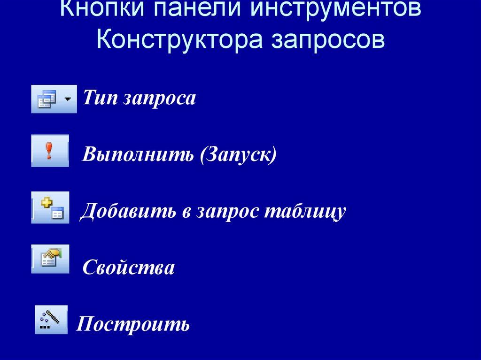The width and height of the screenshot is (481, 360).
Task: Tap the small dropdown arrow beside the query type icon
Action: pos(69,99)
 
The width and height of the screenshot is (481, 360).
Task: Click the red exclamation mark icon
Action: pos(48,151)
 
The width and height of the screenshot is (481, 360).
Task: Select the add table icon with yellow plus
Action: pos(50,207)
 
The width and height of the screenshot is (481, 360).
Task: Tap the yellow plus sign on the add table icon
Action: pos(46,202)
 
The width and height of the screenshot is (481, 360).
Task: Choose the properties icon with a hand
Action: pos(50,258)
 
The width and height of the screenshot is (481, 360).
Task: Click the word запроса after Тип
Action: pos(159,99)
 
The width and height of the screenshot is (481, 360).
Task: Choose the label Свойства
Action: pos(129,268)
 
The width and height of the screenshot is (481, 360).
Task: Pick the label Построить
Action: pos(133,324)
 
